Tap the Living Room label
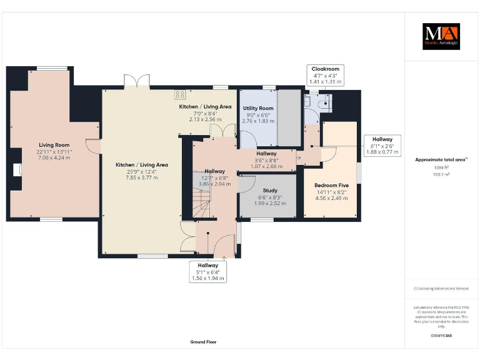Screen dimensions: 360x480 [54, 144]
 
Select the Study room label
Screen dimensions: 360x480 [270, 191]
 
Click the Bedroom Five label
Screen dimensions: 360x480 [331, 186]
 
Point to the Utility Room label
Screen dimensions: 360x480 [258, 109]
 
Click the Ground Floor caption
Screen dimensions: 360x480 [203, 342]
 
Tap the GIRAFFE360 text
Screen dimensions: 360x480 [441, 336]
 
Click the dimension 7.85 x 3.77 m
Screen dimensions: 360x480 [141, 177]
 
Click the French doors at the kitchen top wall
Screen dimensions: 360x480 [133, 82]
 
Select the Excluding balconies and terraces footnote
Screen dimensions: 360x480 [441, 289]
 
